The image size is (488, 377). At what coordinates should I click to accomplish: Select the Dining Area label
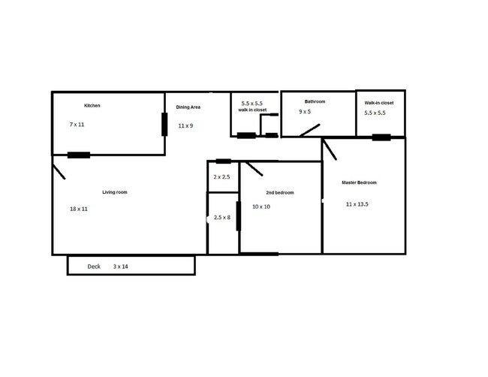tap(188, 107)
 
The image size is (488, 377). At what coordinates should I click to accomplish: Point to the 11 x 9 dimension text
tap(185, 126)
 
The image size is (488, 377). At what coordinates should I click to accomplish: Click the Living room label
tap(115, 192)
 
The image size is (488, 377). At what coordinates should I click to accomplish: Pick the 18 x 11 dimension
tap(78, 209)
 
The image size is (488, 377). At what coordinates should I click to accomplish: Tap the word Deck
tap(94, 267)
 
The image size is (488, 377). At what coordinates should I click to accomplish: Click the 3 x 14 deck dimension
tap(121, 267)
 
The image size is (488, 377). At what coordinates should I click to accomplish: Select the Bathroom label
tap(315, 101)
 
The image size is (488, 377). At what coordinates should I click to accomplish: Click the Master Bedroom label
tap(360, 183)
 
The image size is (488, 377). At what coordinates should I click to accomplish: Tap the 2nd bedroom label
tap(279, 193)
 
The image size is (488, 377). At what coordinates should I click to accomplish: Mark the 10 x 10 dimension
tap(261, 207)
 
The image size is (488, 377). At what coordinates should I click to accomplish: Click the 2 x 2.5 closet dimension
tap(221, 177)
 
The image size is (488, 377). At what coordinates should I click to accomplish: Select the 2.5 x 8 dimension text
tap(222, 217)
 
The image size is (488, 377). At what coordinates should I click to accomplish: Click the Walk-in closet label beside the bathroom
tap(379, 102)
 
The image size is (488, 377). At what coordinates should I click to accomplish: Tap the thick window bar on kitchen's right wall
tap(164, 124)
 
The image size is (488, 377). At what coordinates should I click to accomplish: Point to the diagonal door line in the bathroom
tap(309, 130)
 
